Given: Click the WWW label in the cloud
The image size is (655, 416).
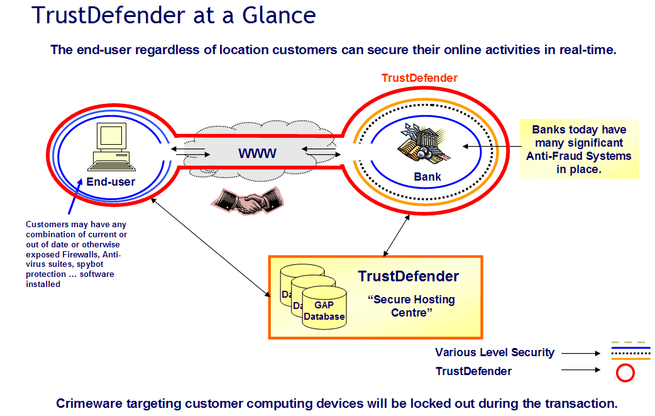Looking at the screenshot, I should [x=256, y=153].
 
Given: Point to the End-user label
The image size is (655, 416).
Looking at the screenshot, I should [x=111, y=182].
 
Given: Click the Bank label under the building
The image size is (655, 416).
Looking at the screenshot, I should [x=427, y=177].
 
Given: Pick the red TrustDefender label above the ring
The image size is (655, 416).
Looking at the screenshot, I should [x=419, y=78].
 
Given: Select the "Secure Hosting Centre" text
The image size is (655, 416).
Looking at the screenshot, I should [x=412, y=306].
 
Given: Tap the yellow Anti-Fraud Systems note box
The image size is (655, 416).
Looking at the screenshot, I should [x=578, y=149].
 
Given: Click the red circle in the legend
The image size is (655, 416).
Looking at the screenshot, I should [x=625, y=373].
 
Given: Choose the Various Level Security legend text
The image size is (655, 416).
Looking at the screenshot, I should [x=495, y=352].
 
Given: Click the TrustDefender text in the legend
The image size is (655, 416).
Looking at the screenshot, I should [x=473, y=371].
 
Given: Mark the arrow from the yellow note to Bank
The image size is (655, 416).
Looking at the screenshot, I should [x=492, y=145].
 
